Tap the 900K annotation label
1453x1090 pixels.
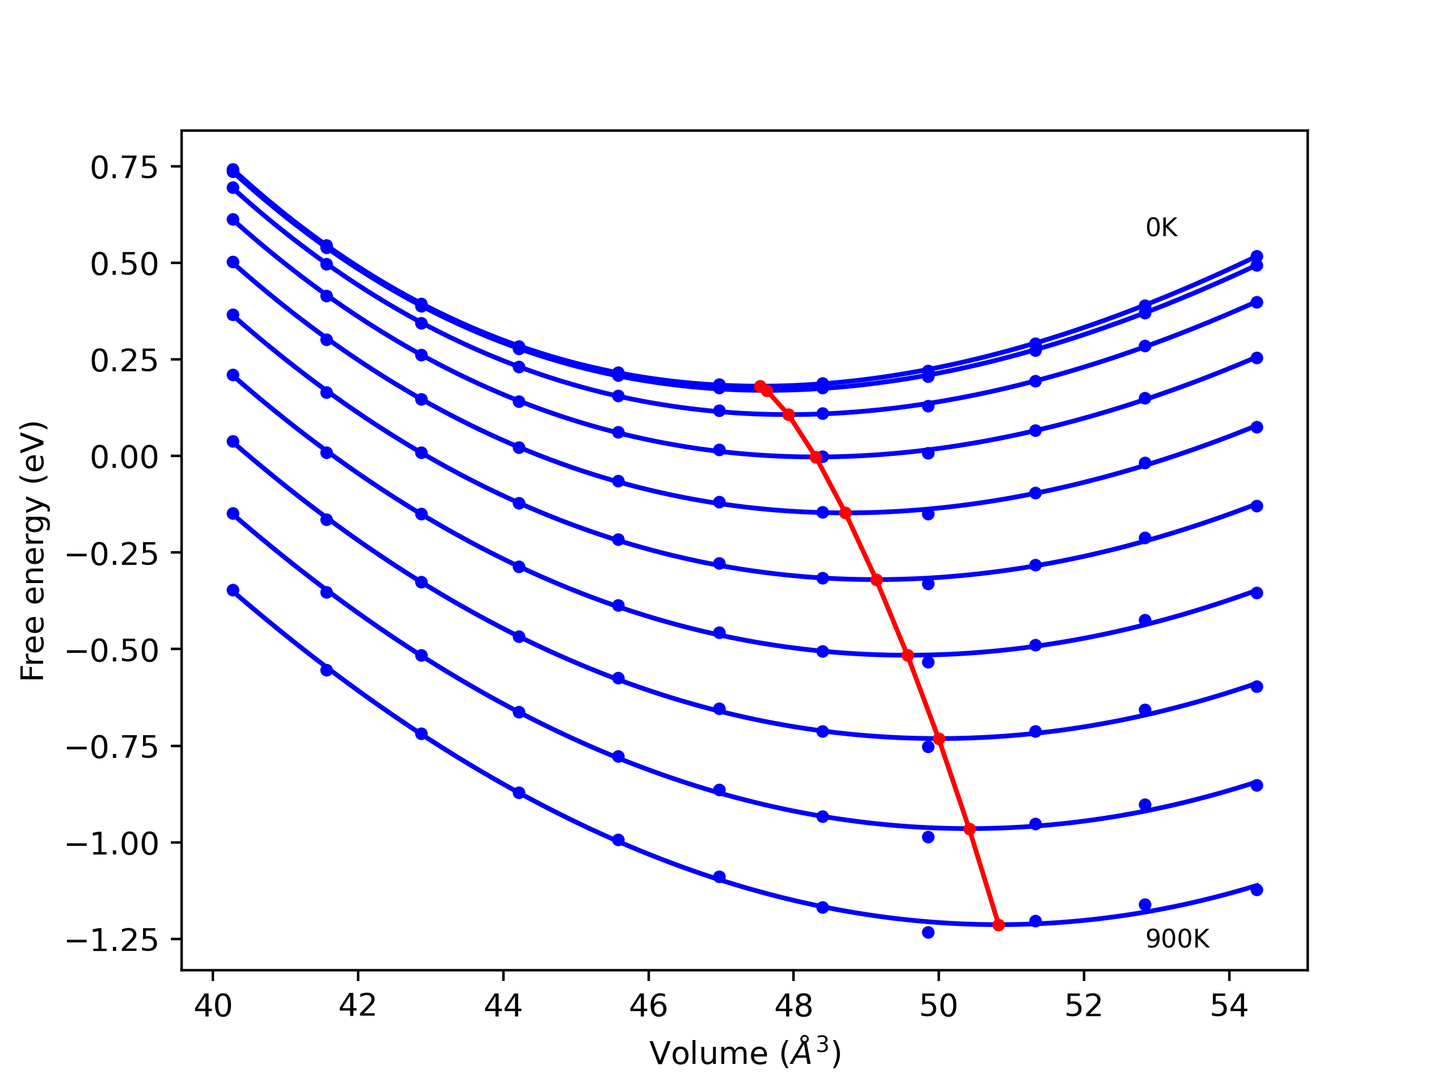point(1177,940)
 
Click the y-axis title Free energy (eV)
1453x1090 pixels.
point(33,551)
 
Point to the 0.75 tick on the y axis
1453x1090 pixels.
point(124,168)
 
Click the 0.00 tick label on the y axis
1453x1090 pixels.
point(124,457)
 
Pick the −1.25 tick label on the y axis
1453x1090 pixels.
point(112,941)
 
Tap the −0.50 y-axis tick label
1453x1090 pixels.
point(112,651)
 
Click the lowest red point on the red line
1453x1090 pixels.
point(998,925)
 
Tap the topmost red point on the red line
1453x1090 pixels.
point(760,387)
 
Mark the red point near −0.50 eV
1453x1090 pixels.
point(908,655)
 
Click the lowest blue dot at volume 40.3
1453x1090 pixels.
point(233,590)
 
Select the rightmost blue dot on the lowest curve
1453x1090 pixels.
point(1257,890)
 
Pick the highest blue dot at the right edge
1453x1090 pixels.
point(1257,256)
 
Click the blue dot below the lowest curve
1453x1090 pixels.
point(928,932)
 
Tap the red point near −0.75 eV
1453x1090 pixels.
point(939,739)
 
